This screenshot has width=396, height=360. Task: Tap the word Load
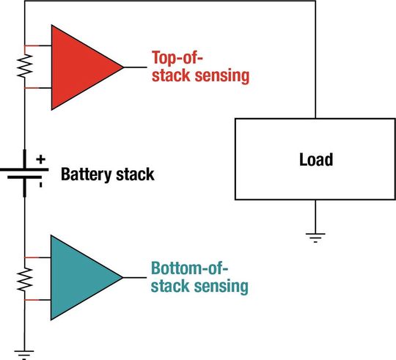tap(316, 159)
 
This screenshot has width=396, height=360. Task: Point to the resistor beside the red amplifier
tap(25, 67)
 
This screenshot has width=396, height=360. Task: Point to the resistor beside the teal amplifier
tap(25, 279)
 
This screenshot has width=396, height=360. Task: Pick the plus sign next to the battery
tap(41, 158)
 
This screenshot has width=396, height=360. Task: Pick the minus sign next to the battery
tap(40, 185)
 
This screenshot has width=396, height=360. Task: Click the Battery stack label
tap(108, 175)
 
